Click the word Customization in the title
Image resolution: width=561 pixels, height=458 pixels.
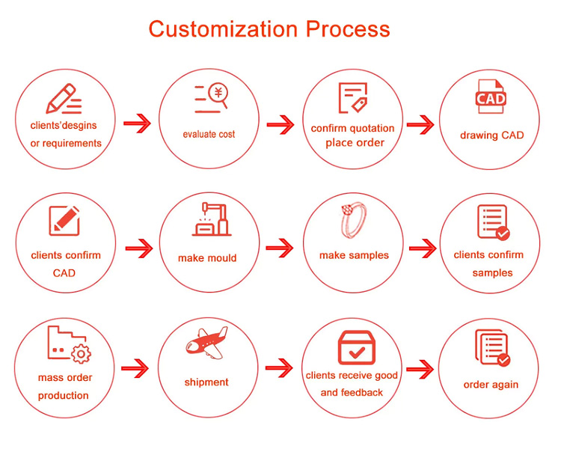pyautogui.click(x=223, y=29)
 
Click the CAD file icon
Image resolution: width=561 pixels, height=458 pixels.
pyautogui.click(x=491, y=97)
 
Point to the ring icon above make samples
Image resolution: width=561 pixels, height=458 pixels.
pyautogui.click(x=354, y=220)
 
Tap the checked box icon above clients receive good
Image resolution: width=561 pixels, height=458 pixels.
pyautogui.click(x=356, y=347)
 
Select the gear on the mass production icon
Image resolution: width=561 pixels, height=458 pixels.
pyautogui.click(x=81, y=354)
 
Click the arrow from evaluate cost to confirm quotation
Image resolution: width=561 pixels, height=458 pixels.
pyautogui.click(x=280, y=125)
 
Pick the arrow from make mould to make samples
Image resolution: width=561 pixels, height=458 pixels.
pyautogui.click(x=280, y=248)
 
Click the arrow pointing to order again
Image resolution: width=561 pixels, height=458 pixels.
pyautogui.click(x=420, y=369)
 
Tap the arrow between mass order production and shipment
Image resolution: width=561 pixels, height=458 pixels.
pyautogui.click(x=135, y=368)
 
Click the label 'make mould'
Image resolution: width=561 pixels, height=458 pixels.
pyautogui.click(x=207, y=258)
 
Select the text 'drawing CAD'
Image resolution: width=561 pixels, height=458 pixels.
pyautogui.click(x=492, y=135)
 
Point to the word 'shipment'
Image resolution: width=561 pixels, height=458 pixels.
pyautogui.click(x=206, y=382)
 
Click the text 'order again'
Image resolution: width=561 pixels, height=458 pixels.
pyautogui.click(x=491, y=385)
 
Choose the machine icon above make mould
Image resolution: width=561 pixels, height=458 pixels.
pyautogui.click(x=212, y=219)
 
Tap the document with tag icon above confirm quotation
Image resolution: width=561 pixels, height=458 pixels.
pyautogui.click(x=353, y=98)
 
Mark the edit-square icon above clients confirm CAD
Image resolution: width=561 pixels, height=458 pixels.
pyautogui.click(x=64, y=220)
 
